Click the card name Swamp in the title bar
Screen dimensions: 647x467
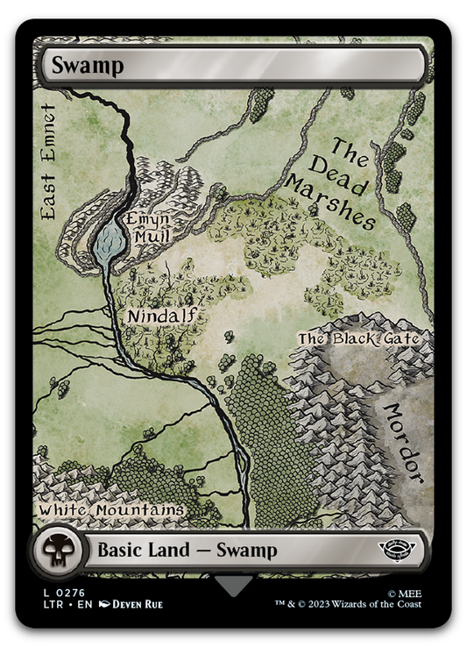click(x=74, y=64)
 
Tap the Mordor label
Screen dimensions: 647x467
click(x=404, y=443)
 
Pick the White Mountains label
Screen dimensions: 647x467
click(x=111, y=509)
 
